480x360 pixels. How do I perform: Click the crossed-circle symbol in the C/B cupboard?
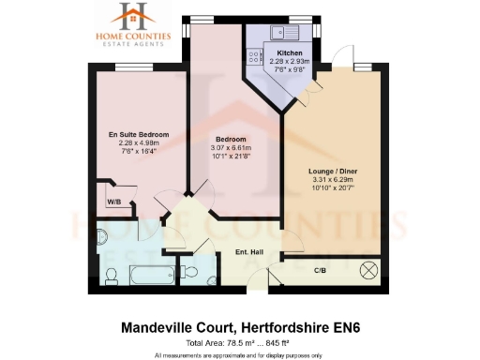tap(367, 271)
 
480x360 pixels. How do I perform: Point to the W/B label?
tap(113, 202)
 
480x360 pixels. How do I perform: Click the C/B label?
tap(319, 271)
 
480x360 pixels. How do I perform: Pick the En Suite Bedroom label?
tap(138, 135)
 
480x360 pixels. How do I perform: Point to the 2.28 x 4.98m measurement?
tap(138, 143)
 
